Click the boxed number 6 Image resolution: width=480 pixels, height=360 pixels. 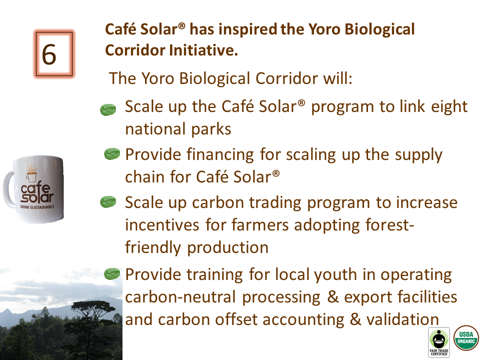[x=53, y=54]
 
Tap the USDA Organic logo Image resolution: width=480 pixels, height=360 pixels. [x=466, y=338]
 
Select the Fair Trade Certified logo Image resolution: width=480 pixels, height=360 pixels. [x=439, y=342]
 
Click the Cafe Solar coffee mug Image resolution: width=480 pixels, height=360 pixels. [x=33, y=188]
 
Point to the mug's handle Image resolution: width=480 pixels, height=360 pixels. [x=8, y=188]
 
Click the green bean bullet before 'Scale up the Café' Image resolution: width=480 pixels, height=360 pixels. [x=108, y=109]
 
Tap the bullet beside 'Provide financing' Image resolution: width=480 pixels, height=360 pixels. [x=112, y=153]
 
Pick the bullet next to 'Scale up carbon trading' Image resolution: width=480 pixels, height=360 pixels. [x=108, y=202]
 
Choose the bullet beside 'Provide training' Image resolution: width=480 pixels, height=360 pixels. [x=112, y=273]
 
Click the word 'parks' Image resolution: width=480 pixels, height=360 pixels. [x=211, y=129]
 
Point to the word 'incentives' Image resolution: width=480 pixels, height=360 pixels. [x=162, y=225]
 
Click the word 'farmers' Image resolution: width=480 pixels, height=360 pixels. [x=260, y=225]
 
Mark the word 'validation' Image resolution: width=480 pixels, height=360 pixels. [x=403, y=319]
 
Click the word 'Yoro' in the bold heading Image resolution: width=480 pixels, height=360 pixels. [x=324, y=29]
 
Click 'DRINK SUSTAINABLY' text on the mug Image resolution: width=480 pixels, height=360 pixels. [x=37, y=207]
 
